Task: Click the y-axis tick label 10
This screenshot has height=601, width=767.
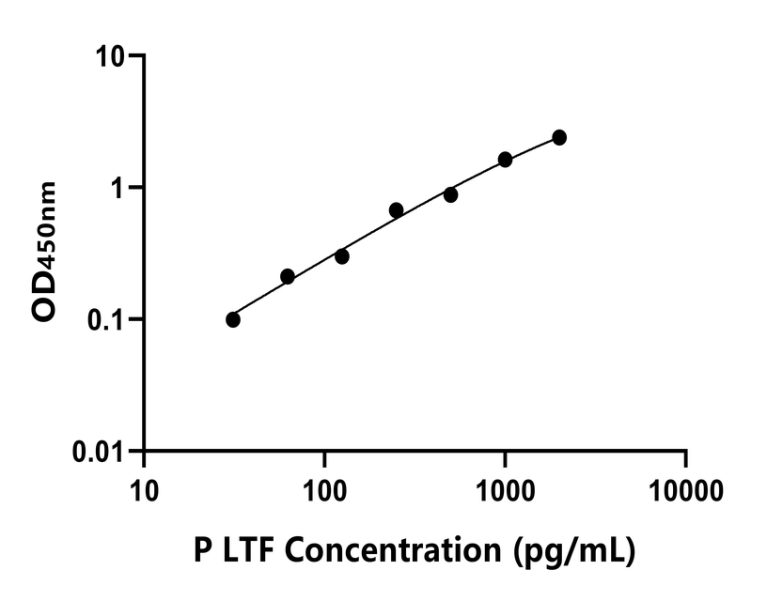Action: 113,56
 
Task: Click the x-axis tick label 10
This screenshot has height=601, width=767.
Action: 144,489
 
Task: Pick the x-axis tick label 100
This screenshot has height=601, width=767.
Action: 324,489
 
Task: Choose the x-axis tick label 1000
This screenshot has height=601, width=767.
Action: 505,489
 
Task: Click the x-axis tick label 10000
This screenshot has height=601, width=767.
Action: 685,489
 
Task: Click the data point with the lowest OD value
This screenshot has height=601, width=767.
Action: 233,319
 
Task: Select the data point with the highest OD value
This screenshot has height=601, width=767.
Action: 559,137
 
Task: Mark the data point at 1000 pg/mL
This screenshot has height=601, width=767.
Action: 505,160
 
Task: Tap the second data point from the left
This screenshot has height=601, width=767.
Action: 288,276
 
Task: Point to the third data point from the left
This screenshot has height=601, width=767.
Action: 342,256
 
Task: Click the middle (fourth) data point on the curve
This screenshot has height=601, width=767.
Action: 397,209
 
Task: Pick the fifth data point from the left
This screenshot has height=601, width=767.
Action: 451,194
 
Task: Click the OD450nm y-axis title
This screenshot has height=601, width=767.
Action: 44,254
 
